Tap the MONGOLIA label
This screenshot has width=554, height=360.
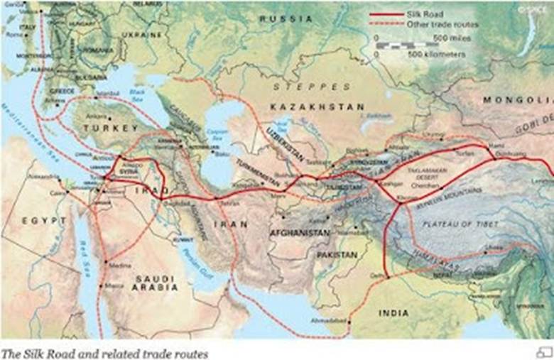(510, 100)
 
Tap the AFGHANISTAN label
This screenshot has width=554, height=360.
(299, 232)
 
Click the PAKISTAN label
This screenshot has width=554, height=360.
(337, 253)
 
